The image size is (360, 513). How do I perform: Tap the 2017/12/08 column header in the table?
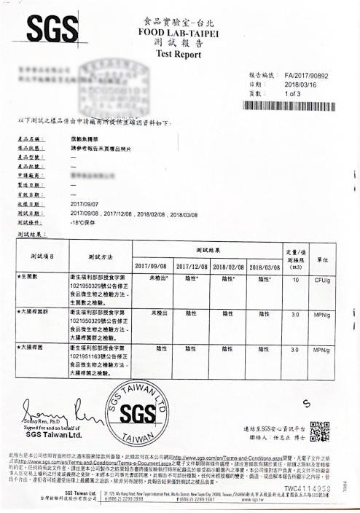pyautogui.click(x=192, y=267)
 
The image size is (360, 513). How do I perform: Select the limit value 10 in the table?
pyautogui.click(x=294, y=279)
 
